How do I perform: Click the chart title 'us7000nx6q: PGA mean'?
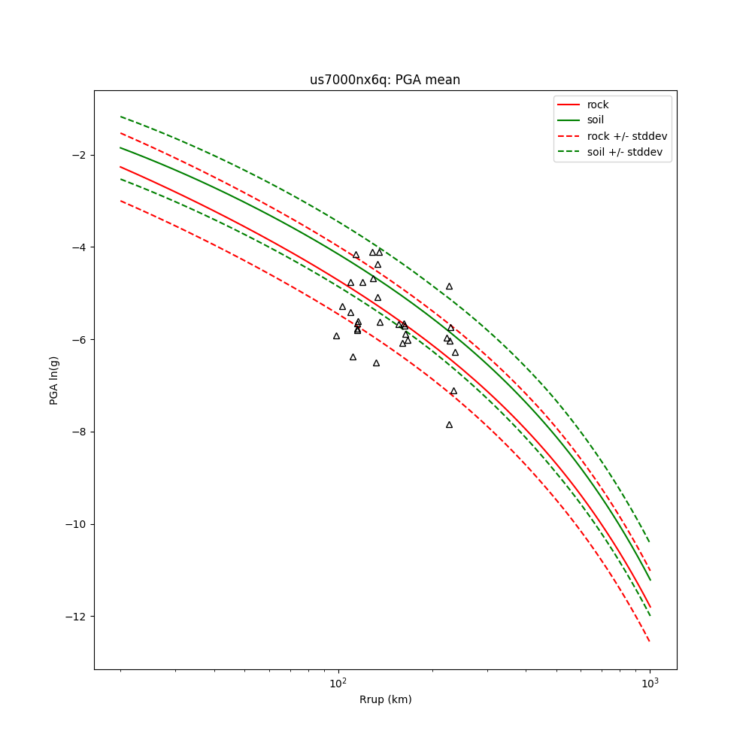point(385,80)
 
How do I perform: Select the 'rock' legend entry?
point(598,105)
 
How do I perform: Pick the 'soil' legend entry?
point(595,120)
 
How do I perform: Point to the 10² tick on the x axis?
point(338,683)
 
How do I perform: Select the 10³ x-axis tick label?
point(650,683)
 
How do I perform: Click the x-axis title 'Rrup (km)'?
point(385,699)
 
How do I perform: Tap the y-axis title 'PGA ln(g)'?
point(54,380)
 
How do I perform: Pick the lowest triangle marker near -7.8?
point(449,425)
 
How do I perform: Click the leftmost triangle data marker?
point(336,336)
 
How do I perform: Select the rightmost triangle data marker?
point(455,353)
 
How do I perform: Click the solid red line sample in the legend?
point(569,105)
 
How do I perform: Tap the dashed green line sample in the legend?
point(569,151)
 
